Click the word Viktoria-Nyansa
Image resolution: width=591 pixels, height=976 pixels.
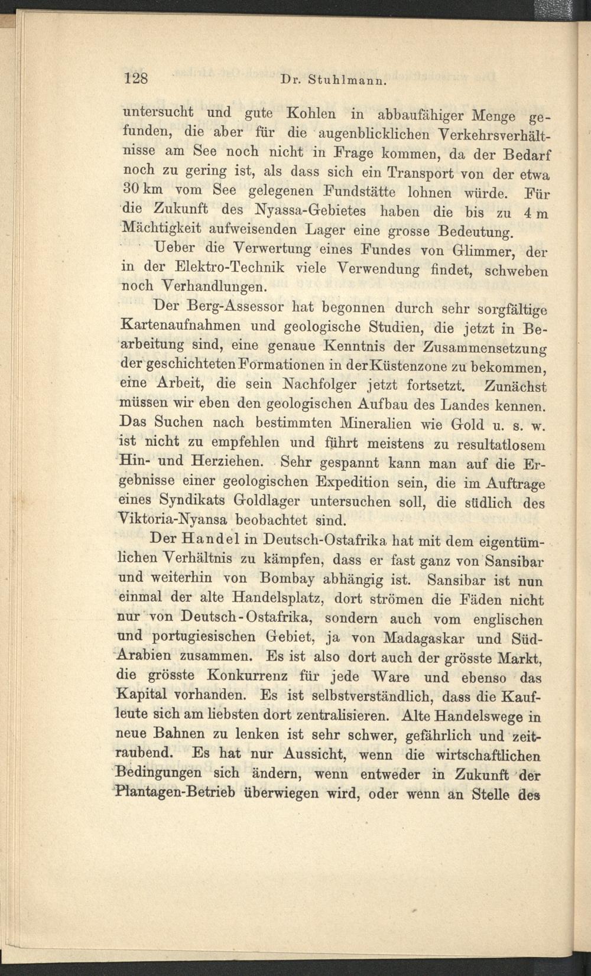click(x=173, y=520)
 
